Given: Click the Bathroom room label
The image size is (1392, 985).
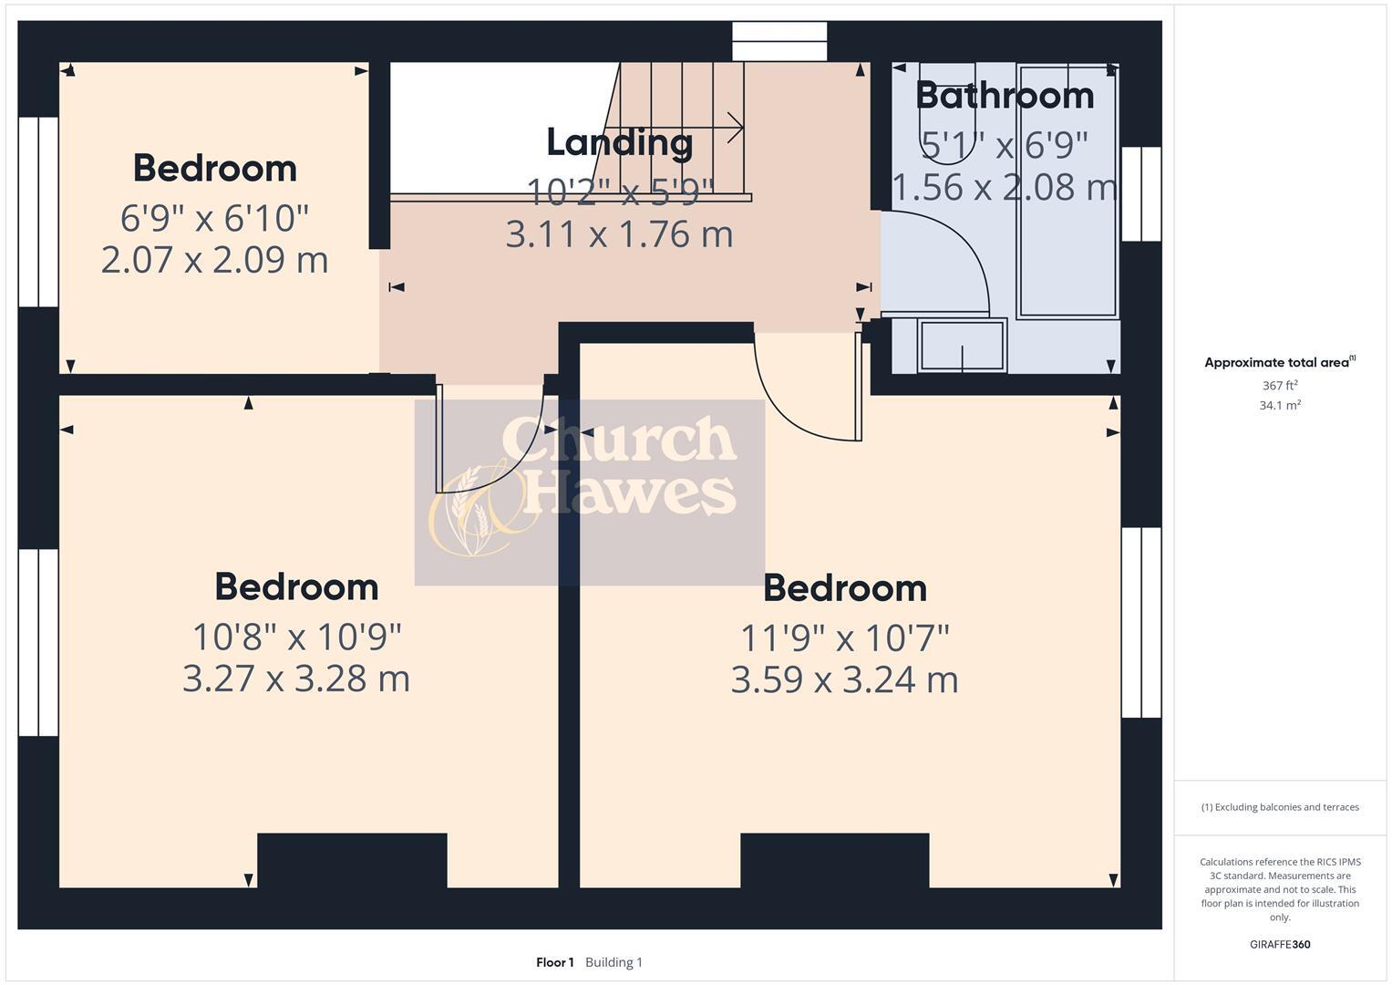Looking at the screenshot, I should tap(1004, 96).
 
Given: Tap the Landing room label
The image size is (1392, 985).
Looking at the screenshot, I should tap(619, 142).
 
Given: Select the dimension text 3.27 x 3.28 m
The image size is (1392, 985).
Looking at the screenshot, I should tap(296, 679).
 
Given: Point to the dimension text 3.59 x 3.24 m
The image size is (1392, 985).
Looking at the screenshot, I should tap(844, 680).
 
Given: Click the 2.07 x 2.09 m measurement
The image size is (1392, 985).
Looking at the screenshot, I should tap(214, 260).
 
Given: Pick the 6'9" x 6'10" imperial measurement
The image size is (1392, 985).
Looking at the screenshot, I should tap(214, 218).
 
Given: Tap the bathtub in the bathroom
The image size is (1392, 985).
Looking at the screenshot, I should tap(1067, 192).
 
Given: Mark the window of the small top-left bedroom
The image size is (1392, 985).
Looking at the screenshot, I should tap(38, 212).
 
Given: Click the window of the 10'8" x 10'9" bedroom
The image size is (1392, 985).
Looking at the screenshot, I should tap(38, 642).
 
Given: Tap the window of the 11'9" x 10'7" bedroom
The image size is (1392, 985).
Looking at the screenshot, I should tap(1141, 623).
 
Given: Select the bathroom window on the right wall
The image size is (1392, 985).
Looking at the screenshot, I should tap(1141, 193).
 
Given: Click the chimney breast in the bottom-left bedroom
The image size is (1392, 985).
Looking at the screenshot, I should tap(352, 859).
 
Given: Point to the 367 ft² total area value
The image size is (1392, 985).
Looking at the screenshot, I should tap(1279, 386).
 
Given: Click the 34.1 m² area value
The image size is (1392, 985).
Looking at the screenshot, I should tap(1279, 406).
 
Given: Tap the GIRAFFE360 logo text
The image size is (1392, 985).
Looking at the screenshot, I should tap(1279, 944).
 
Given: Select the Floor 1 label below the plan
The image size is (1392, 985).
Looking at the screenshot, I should tap(554, 962).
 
